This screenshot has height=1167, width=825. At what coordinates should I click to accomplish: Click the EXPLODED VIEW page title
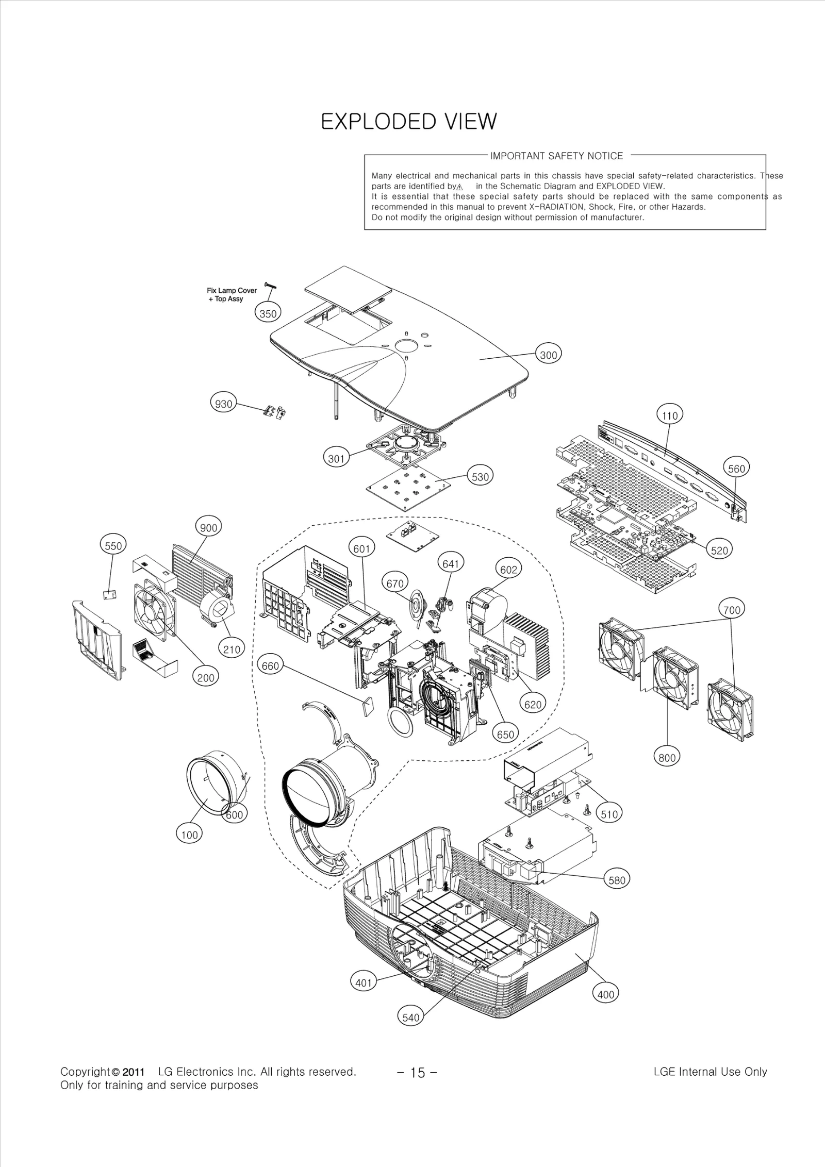409,122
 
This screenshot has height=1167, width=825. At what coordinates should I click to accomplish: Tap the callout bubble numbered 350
268,313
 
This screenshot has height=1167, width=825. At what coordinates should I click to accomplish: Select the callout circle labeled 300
548,355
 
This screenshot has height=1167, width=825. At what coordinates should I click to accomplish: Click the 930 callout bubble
223,404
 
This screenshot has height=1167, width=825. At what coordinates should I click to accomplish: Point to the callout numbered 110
669,415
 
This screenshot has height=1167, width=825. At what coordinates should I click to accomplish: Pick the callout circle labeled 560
736,468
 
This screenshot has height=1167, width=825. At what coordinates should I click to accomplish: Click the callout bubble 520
719,550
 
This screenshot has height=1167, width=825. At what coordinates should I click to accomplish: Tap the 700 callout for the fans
731,610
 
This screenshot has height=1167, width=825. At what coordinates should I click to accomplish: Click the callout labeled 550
113,546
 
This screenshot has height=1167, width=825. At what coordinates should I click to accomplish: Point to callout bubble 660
270,665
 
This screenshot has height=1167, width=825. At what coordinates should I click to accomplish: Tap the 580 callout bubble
617,880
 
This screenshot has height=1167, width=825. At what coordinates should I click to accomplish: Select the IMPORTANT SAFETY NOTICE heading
556,156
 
